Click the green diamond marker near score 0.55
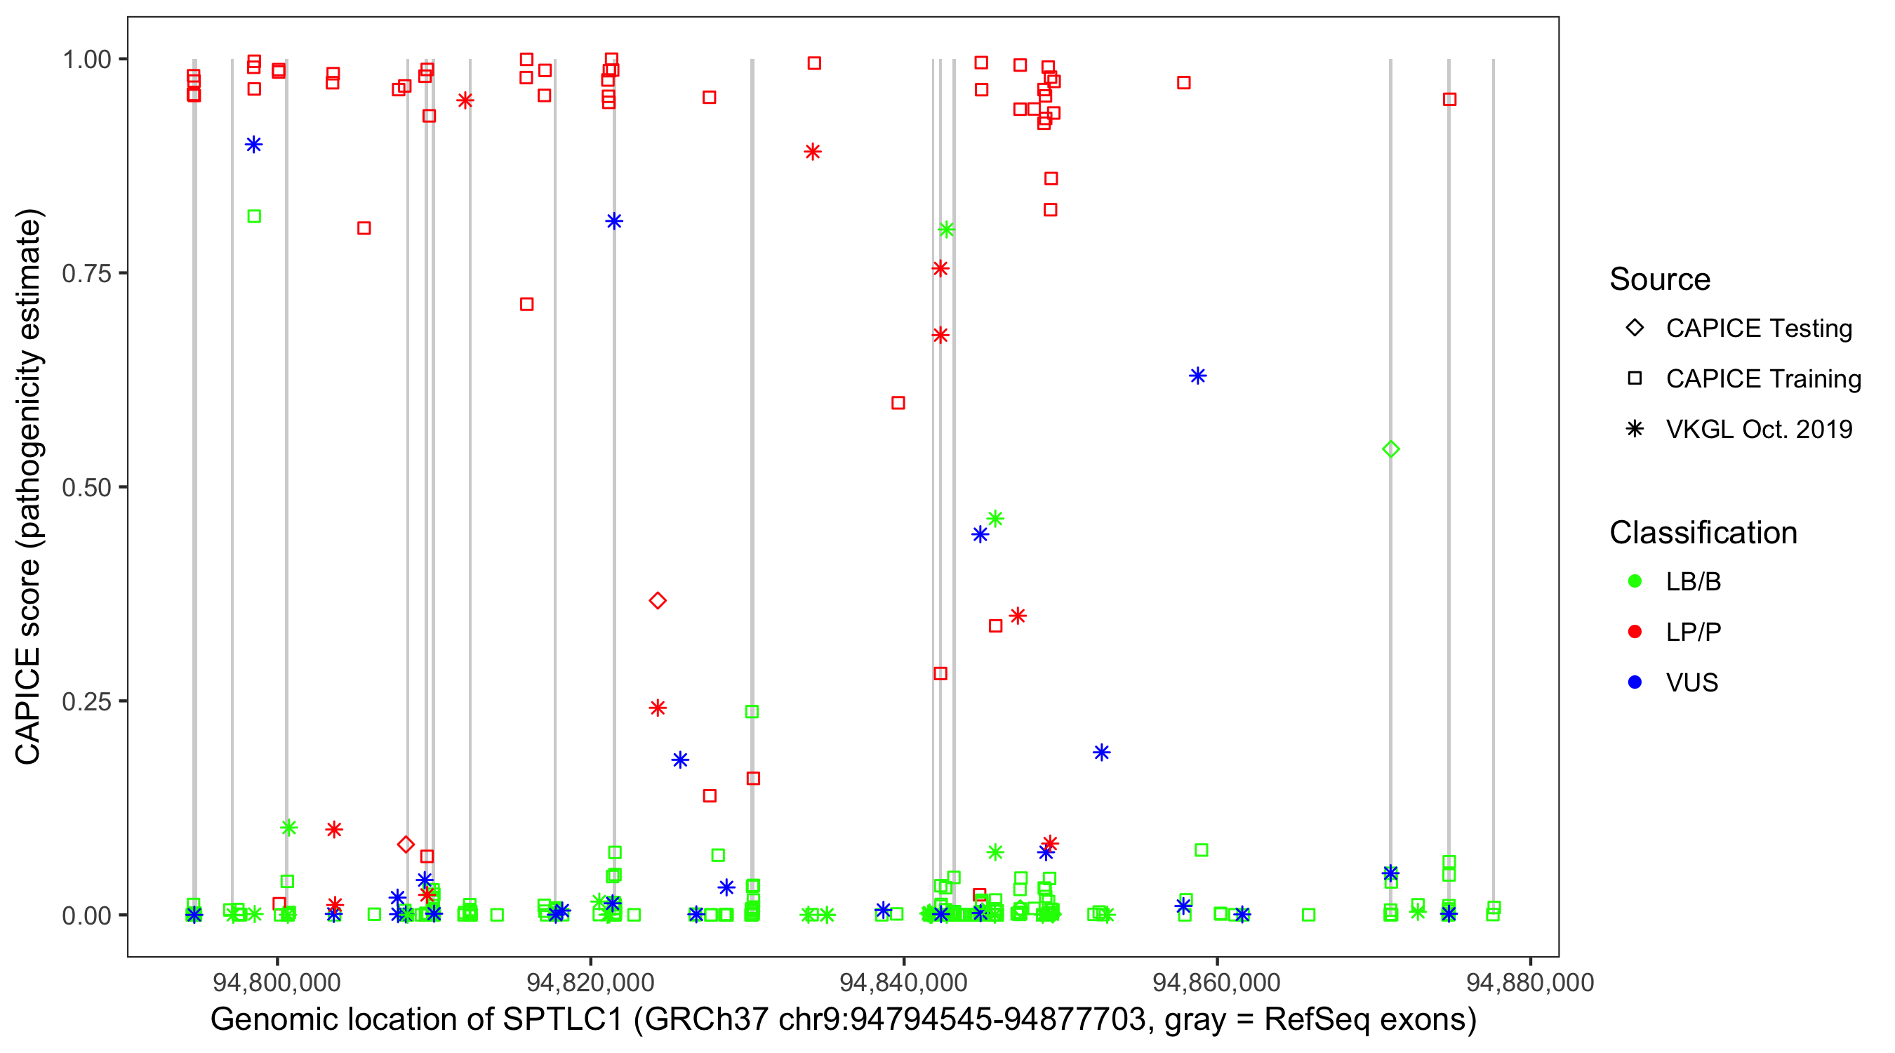pos(1390,449)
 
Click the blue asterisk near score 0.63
pos(1197,376)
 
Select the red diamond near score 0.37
pos(658,600)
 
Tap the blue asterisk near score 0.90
pos(254,144)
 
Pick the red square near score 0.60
pos(898,402)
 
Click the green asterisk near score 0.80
pos(947,230)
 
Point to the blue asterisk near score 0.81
pos(614,220)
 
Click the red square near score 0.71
pos(526,304)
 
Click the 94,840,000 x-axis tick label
pos(903,982)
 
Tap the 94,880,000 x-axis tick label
pos(1530,982)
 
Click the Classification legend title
pos(1703,533)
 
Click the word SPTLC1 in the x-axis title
pos(563,1020)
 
